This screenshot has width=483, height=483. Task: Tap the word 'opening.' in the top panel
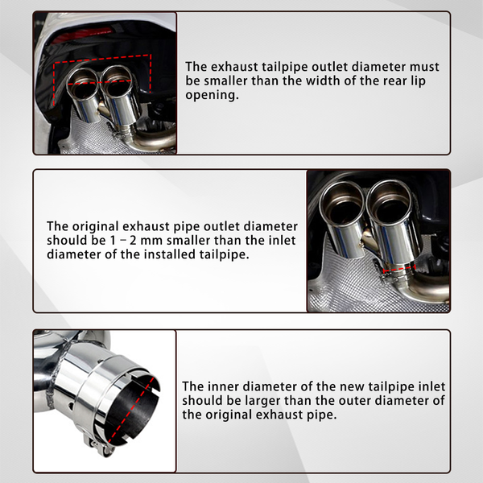[212, 95]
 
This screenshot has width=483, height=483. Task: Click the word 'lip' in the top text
[418, 81]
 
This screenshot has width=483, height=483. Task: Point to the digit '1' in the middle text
[113, 241]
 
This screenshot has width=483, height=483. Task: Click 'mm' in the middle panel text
[150, 241]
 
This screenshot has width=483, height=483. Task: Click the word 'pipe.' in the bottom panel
[321, 415]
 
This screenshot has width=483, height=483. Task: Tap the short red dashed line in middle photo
[399, 269]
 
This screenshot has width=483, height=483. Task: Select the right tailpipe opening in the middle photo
[390, 200]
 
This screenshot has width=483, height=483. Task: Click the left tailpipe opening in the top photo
[83, 84]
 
